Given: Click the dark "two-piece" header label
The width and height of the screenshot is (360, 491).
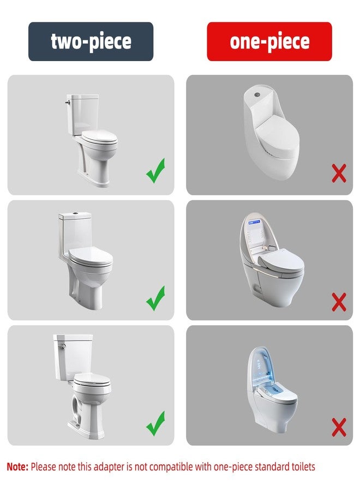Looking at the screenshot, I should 91,41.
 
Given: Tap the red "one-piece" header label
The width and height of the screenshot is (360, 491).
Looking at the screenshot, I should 269,41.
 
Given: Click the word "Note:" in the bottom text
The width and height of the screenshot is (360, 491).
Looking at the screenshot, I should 17,467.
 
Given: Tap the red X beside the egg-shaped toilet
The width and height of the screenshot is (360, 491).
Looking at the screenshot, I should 339,175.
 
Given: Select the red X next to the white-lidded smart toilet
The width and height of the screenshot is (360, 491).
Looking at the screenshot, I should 339,302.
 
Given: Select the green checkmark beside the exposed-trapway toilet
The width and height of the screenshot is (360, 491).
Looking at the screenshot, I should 155,422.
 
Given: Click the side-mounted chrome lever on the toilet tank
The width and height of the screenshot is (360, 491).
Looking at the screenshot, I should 68,101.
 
